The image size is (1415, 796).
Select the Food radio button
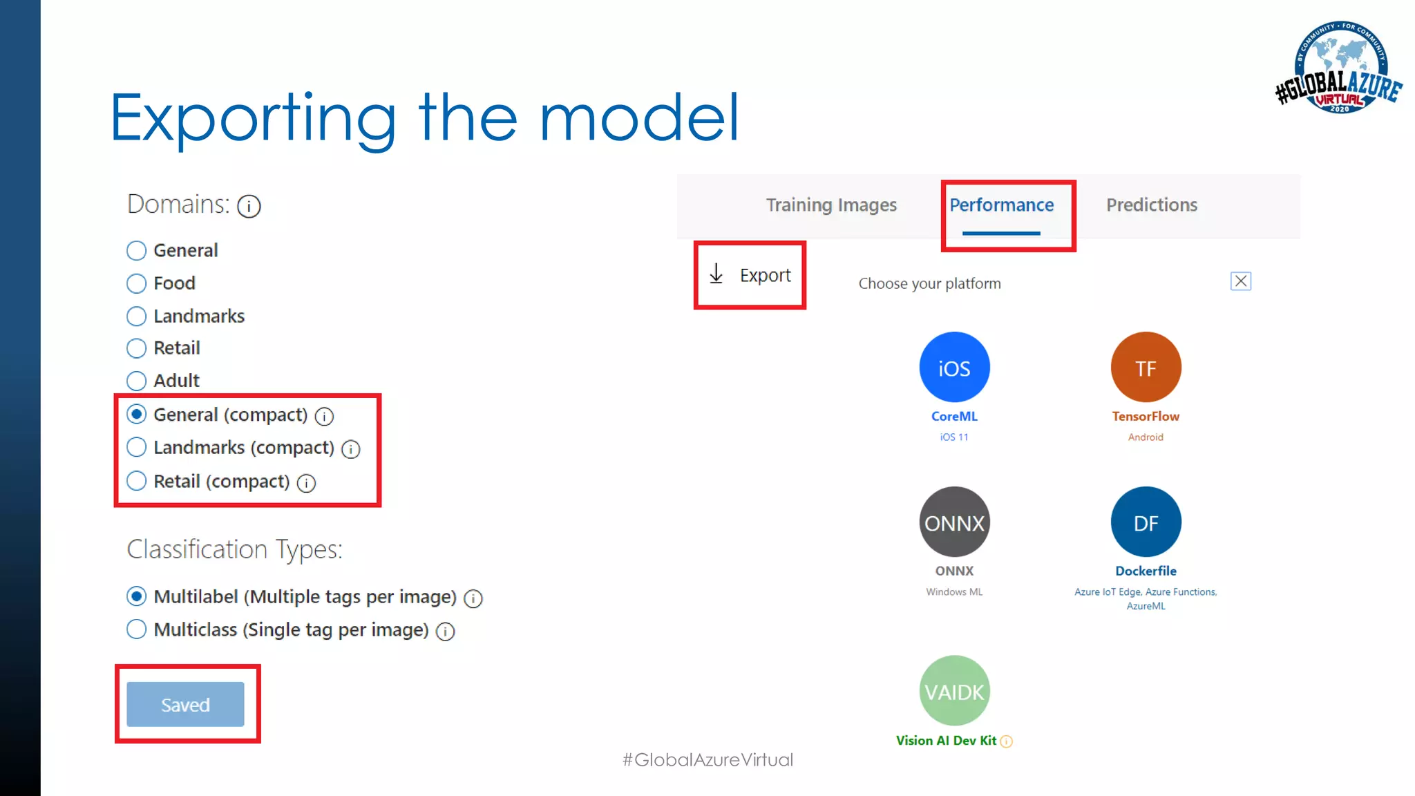point(137,283)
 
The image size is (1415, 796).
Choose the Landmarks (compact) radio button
point(137,448)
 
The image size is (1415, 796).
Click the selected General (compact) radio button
point(137,415)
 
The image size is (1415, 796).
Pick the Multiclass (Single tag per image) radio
point(137,629)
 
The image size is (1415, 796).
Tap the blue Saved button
point(185,704)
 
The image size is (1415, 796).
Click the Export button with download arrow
point(750,275)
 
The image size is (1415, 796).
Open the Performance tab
point(1001,205)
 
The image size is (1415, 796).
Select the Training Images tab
point(831,205)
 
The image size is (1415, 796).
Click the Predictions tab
point(1152,205)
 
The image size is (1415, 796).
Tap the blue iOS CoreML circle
point(954,368)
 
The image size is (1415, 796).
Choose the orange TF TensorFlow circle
point(1146,368)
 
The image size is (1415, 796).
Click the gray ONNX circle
point(954,522)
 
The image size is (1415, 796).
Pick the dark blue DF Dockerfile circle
point(1146,522)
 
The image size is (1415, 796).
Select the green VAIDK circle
point(954,691)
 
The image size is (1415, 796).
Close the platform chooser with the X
point(1241,281)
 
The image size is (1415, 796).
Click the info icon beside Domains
point(249,206)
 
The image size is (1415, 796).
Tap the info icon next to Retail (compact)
point(306,483)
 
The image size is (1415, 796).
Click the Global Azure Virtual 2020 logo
point(1339,68)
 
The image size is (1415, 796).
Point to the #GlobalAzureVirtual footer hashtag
point(707,760)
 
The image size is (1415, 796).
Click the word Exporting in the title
point(253,117)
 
